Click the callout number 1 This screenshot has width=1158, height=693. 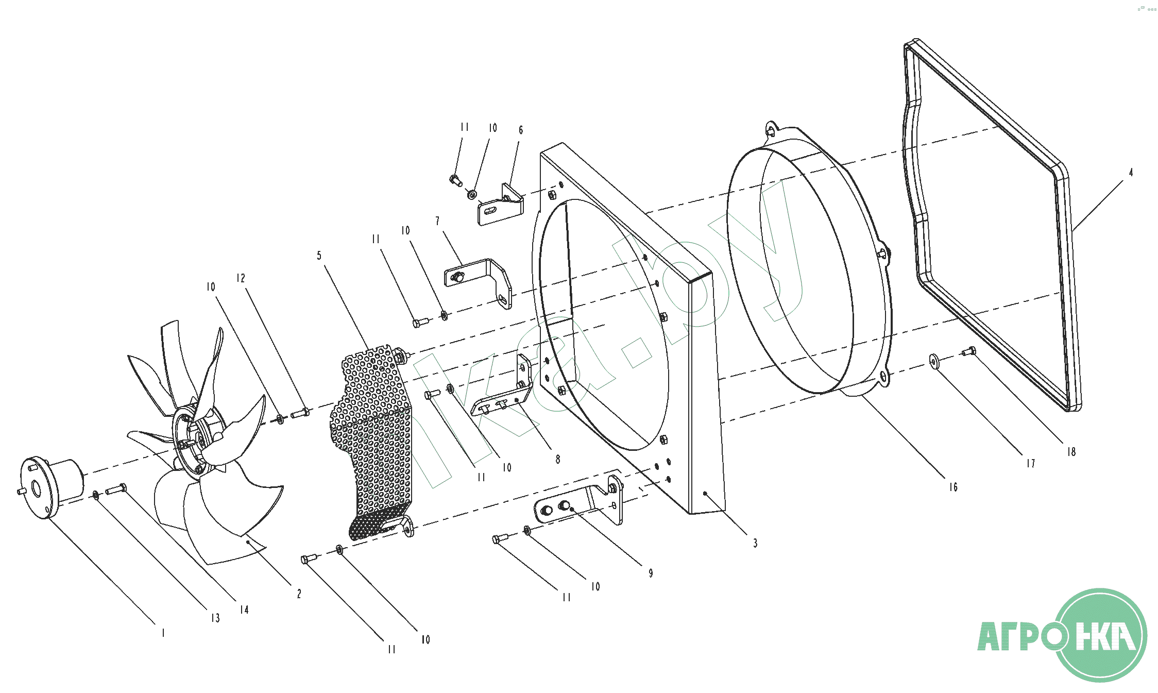click(163, 633)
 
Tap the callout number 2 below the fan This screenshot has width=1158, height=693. click(299, 594)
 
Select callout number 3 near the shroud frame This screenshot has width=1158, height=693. click(755, 543)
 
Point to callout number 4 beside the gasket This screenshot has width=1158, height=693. click(1131, 173)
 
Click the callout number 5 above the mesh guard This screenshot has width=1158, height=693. click(319, 256)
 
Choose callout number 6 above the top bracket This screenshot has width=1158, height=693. click(521, 130)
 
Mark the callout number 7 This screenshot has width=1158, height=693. click(438, 221)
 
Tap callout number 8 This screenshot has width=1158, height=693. click(558, 459)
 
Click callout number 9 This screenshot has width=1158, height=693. click(651, 573)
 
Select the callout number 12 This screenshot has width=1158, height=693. click(241, 278)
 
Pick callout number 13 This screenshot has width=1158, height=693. click(215, 618)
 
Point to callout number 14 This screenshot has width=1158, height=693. click(244, 610)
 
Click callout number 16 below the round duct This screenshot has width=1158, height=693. click(953, 487)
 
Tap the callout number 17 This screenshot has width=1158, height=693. click(1030, 464)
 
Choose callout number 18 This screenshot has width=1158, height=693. click(1071, 452)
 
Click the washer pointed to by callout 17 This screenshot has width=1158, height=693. click(934, 361)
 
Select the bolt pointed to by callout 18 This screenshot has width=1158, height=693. click(968, 351)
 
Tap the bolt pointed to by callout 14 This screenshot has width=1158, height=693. click(116, 489)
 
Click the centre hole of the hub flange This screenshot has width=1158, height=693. click(37, 488)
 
